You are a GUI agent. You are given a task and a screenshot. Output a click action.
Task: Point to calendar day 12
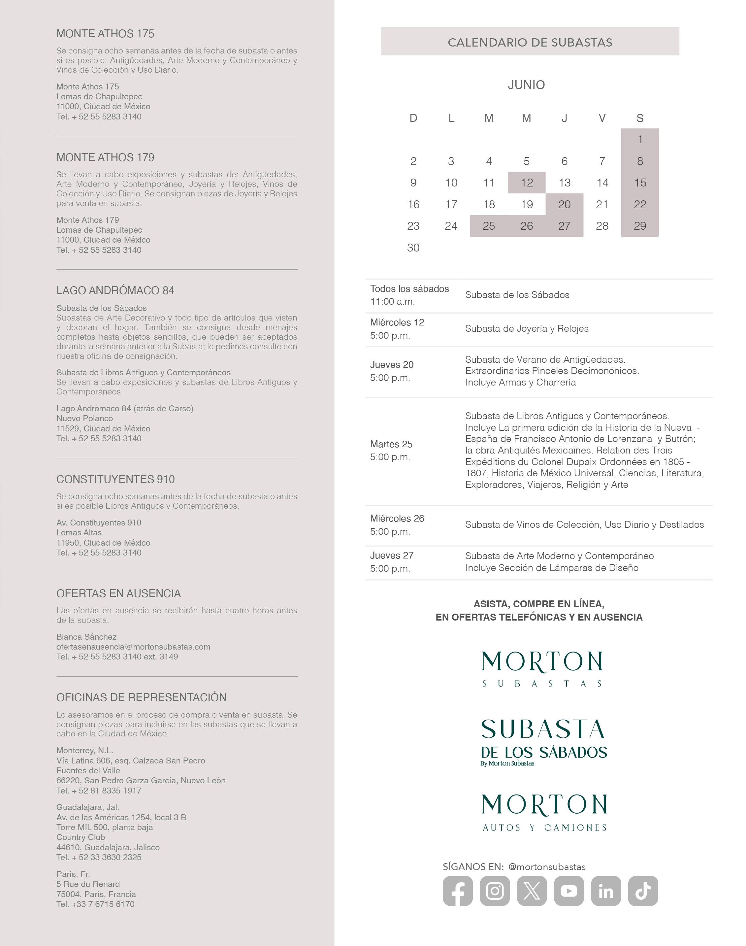(527, 183)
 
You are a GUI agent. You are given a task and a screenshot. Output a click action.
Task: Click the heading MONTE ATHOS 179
(105, 157)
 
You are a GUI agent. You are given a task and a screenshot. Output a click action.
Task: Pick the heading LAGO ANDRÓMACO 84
(115, 290)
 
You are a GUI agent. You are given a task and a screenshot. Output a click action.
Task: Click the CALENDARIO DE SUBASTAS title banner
(530, 42)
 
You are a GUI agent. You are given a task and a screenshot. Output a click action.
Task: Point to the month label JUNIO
(526, 85)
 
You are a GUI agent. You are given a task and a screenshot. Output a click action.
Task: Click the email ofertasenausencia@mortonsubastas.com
(133, 647)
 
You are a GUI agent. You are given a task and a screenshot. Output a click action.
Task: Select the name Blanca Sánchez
(86, 637)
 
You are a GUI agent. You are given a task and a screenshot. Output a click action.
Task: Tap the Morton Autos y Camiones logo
(544, 813)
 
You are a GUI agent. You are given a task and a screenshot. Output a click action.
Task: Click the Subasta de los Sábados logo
(544, 743)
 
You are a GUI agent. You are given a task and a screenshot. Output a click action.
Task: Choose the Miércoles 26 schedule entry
(397, 525)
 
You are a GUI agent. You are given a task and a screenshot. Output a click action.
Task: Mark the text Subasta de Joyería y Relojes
(527, 328)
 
